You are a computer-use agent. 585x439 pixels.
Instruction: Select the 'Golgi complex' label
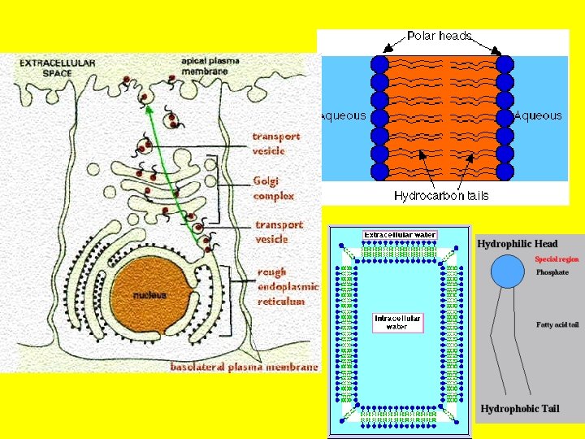274,188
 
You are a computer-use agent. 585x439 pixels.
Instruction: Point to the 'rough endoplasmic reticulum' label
288,286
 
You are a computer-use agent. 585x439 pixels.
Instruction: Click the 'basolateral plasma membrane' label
244,367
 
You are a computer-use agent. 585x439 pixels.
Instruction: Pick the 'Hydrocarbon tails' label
441,195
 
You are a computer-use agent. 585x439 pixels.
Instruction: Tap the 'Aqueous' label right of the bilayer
538,115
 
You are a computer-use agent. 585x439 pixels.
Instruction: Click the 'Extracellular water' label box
399,235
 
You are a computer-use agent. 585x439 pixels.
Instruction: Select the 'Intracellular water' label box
396,322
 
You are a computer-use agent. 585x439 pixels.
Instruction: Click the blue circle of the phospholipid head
509,271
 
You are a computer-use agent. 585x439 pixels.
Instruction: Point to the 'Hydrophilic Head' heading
518,244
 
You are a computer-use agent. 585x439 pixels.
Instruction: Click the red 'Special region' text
557,259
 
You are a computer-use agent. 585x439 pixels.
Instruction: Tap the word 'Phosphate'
552,272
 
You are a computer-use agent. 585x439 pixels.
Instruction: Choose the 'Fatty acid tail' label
557,325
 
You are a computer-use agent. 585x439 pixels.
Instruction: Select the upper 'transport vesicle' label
275,143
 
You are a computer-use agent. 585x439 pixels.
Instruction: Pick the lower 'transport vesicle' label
279,232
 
